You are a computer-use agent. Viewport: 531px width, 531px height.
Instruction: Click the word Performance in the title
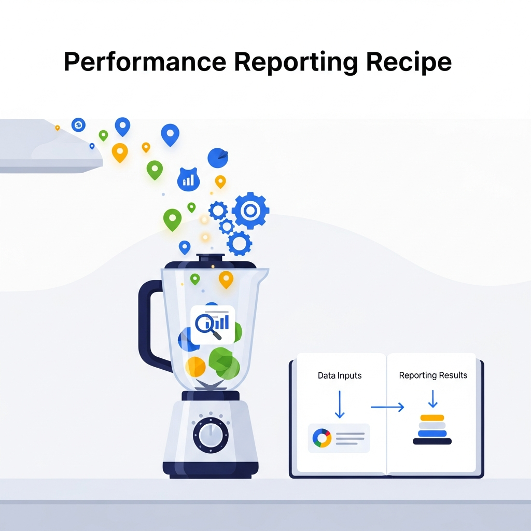(145, 62)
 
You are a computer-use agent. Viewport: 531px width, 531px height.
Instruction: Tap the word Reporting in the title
(296, 62)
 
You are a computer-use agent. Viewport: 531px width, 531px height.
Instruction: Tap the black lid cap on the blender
(211, 258)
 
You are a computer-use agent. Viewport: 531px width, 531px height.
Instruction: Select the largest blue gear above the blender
(250, 210)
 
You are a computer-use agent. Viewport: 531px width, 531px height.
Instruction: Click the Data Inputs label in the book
(339, 375)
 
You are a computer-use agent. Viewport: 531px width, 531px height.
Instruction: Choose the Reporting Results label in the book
(433, 375)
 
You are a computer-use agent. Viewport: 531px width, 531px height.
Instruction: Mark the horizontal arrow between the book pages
(387, 408)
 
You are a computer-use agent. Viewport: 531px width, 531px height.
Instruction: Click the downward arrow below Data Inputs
(340, 404)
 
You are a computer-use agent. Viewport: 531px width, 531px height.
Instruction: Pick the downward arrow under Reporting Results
(433, 399)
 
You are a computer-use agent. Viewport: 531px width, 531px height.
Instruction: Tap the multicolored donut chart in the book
(322, 438)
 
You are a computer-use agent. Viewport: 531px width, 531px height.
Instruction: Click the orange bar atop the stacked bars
(432, 417)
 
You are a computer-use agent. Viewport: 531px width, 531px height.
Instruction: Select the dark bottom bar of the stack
(432, 441)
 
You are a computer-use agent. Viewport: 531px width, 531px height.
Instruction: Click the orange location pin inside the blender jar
(226, 279)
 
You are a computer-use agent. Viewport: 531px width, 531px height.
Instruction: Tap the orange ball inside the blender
(195, 366)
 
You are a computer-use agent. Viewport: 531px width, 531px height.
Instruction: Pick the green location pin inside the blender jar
(195, 279)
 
